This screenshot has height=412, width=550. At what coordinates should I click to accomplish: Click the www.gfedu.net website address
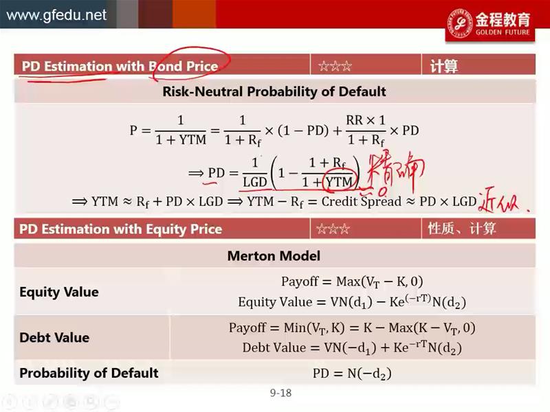point(56,15)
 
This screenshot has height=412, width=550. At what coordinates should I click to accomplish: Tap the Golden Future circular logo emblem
point(460,23)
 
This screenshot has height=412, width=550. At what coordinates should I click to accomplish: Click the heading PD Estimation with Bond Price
point(120,66)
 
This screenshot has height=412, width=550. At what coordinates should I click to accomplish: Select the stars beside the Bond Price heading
point(335,66)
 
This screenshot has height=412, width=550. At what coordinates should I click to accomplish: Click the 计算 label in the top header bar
point(443,66)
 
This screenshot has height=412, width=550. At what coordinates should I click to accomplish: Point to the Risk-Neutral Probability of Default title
point(274,91)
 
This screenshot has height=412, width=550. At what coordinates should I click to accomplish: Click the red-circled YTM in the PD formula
point(338,182)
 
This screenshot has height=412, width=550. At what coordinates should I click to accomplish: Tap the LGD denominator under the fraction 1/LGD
point(255,182)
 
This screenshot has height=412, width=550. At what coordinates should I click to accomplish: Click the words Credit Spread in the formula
point(362,201)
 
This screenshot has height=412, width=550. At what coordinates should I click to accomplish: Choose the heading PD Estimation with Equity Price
point(121,229)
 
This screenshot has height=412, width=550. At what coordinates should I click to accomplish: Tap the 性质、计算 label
point(461,229)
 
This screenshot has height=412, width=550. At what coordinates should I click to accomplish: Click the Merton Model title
point(274,255)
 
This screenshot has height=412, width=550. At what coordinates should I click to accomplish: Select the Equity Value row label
point(59,292)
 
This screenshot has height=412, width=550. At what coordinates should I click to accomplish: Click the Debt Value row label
point(54,337)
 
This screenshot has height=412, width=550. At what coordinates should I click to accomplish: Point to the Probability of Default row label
point(89,373)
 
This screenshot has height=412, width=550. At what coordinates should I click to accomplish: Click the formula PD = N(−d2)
point(352,374)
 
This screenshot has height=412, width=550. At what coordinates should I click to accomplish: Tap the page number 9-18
point(280,393)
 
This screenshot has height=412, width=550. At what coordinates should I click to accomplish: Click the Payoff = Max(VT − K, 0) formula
point(352,282)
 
